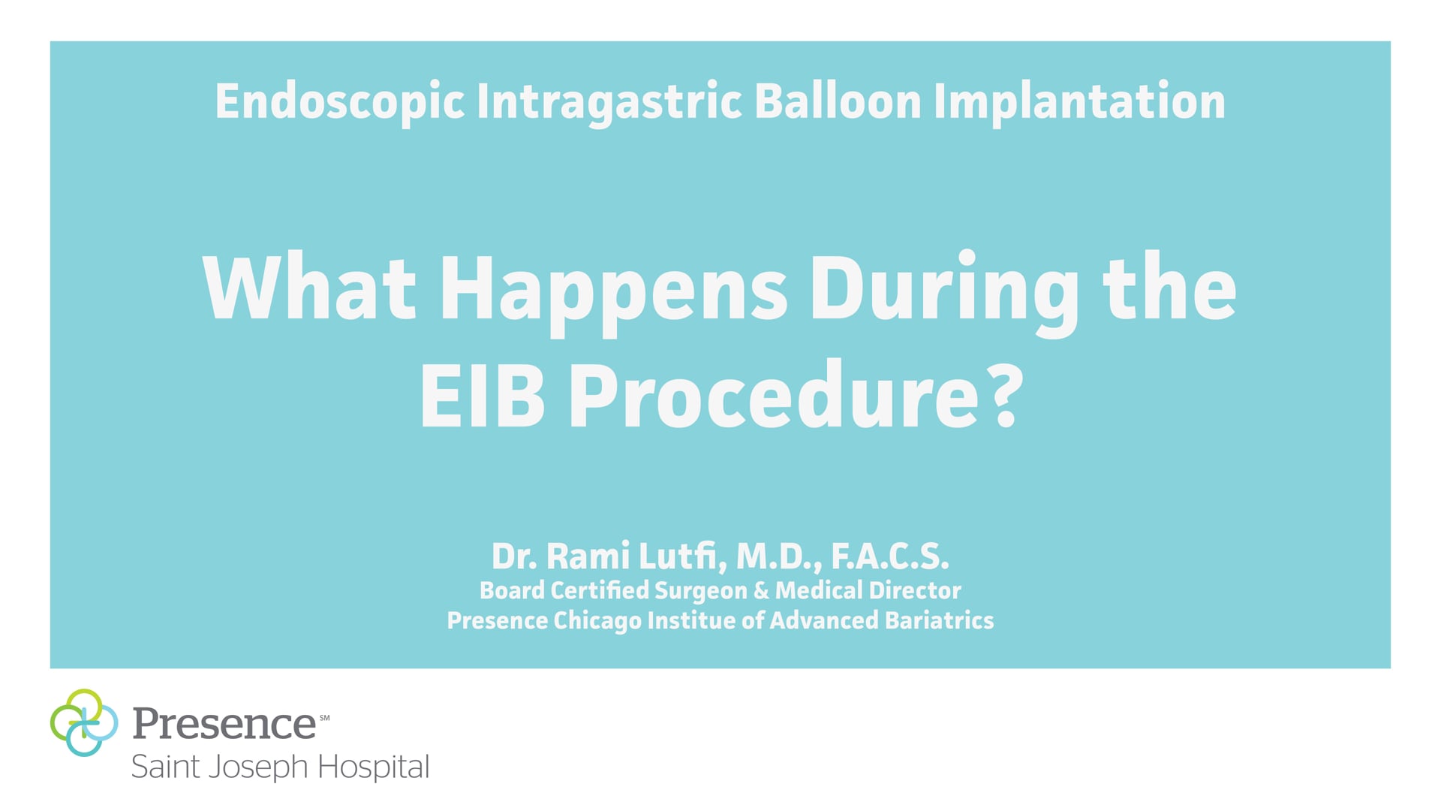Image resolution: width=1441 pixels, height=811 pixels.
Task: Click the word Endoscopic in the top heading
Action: (x=339, y=102)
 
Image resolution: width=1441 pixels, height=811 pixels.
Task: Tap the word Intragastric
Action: (x=609, y=102)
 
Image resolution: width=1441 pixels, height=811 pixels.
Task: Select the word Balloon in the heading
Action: (x=837, y=101)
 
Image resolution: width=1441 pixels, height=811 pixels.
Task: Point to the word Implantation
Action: (x=1078, y=102)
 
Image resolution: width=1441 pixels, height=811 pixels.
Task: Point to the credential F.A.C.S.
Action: (x=890, y=556)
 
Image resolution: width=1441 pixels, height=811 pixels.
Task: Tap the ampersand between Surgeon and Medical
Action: (x=761, y=590)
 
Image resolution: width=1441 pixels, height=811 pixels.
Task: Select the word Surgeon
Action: (x=700, y=591)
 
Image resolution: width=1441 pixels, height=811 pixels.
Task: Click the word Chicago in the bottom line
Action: (x=597, y=621)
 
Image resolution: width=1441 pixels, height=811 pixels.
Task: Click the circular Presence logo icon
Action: (x=84, y=722)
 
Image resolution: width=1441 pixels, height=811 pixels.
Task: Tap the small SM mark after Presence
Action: (x=324, y=718)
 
